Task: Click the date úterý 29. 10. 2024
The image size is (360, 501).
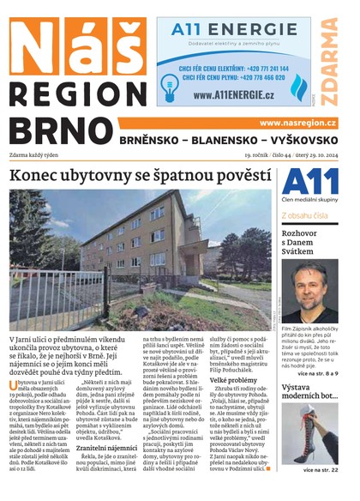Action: click(309, 155)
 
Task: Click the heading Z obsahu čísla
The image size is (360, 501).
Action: click(307, 215)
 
